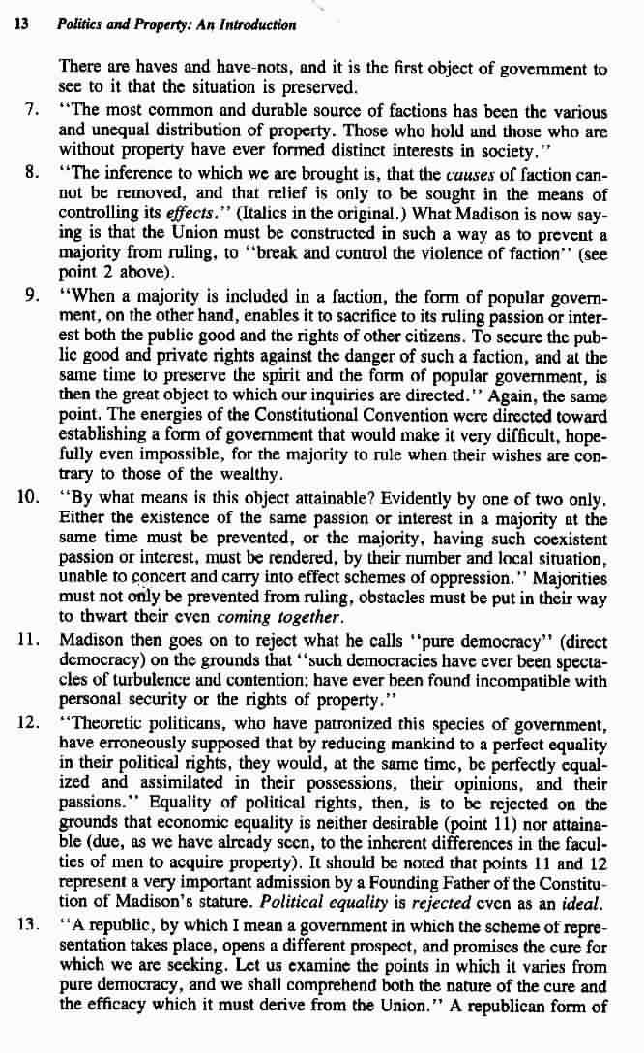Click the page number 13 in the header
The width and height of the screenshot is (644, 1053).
pos(18,25)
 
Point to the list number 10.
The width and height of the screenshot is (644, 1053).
pos(28,500)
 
